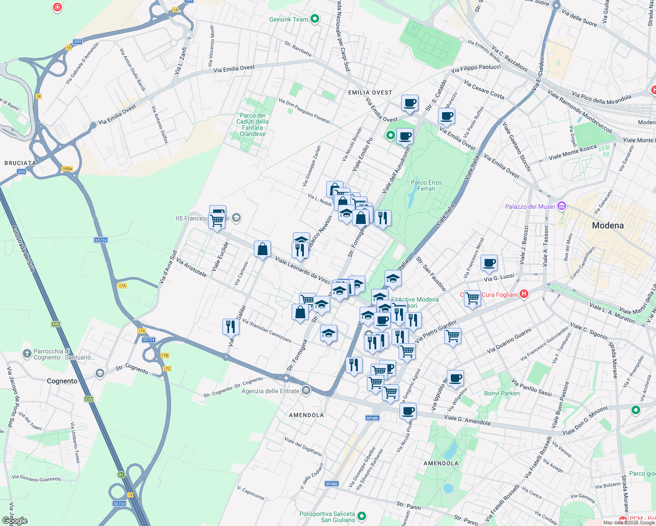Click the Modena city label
click(607, 225)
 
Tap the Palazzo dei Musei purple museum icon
click(562, 206)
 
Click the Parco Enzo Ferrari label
click(426, 185)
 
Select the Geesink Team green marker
click(314, 19)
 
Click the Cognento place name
click(62, 381)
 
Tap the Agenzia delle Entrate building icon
click(306, 390)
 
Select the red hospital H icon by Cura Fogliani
click(524, 294)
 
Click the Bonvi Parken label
click(502, 393)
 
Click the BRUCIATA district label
click(20, 163)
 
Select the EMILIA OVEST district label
click(370, 92)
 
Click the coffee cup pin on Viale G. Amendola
click(408, 411)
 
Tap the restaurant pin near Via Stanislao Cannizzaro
click(230, 327)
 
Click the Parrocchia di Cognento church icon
click(27, 353)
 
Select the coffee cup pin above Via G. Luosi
click(489, 263)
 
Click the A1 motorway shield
click(121, 474)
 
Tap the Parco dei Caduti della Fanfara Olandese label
click(253, 124)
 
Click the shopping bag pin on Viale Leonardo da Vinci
click(262, 249)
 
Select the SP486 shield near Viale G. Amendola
click(372, 418)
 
